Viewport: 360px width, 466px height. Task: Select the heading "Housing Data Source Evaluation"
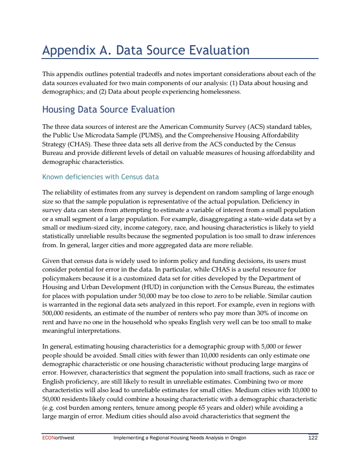click(x=108, y=109)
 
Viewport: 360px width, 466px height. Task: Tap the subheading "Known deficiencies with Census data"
click(x=100, y=176)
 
